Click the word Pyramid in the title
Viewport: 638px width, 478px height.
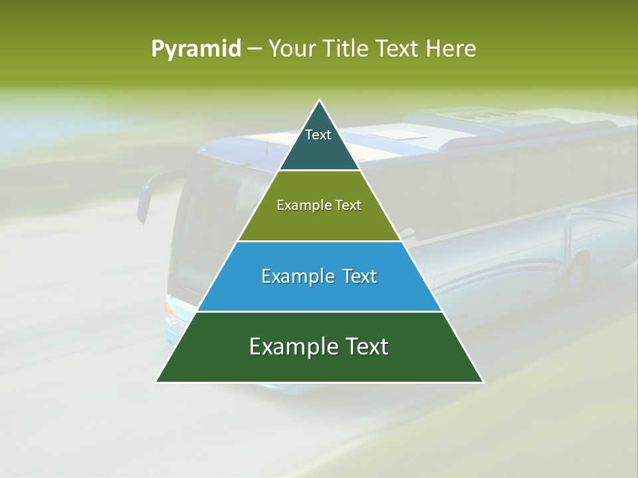[x=195, y=49]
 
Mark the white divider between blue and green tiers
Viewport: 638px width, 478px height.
[x=319, y=311]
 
